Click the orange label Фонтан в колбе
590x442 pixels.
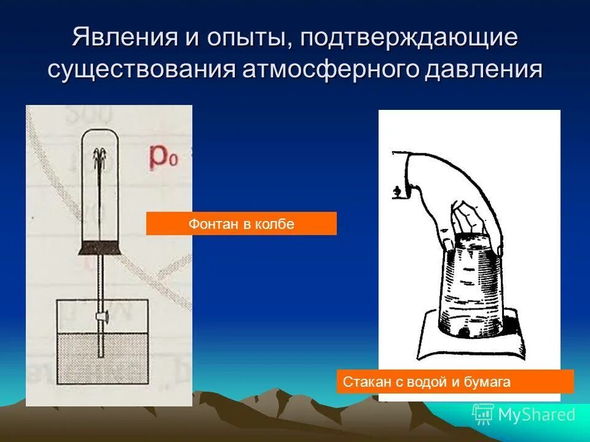point(241,224)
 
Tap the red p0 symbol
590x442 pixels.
point(163,158)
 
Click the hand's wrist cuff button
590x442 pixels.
point(397,192)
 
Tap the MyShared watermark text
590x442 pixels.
point(537,415)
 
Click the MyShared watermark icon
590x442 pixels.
point(482,414)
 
